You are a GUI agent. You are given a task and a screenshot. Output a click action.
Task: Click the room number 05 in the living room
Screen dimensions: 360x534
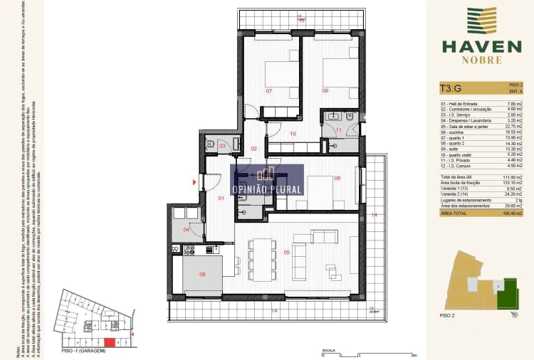[287, 252]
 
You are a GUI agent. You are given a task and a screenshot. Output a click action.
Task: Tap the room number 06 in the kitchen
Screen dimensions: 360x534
[202, 274]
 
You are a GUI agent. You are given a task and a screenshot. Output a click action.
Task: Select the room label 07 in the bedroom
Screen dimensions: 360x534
[269, 91]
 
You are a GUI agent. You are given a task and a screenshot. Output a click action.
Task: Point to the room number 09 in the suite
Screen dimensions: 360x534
[325, 91]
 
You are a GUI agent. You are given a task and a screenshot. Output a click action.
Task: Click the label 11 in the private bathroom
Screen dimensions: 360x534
[339, 130]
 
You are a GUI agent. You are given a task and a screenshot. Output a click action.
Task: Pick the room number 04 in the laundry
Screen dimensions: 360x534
[187, 229]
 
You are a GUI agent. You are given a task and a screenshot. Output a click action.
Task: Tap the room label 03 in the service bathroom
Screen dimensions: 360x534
[222, 146]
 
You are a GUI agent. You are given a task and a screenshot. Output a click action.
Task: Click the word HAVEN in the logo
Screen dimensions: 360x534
[481, 47]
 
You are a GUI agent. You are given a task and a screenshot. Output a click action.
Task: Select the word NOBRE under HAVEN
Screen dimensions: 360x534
[481, 61]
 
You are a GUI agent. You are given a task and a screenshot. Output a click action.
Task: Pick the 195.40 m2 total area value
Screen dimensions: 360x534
[514, 213]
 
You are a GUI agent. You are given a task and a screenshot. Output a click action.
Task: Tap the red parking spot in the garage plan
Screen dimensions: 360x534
[109, 343]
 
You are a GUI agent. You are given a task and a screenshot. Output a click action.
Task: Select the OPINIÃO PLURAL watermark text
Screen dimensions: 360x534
[266, 190]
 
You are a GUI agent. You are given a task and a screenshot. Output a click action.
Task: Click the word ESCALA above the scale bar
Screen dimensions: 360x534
[328, 350]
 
